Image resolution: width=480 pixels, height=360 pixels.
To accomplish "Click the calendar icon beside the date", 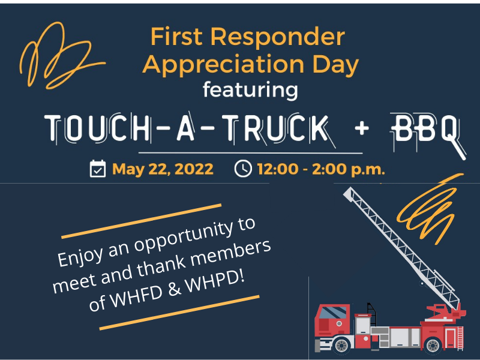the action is [x=98, y=169].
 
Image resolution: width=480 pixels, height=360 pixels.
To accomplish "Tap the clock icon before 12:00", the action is [x=243, y=169].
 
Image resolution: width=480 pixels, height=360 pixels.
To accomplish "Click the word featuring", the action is [x=250, y=90].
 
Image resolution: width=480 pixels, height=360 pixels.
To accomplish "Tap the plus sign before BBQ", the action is [x=362, y=128].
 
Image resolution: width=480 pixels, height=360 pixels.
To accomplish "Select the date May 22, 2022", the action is [x=163, y=169].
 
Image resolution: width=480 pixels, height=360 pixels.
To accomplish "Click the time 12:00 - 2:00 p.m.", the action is [x=321, y=169].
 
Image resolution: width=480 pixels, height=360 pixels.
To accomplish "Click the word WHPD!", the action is [x=215, y=283].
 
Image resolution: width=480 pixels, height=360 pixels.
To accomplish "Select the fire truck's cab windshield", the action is [x=333, y=313].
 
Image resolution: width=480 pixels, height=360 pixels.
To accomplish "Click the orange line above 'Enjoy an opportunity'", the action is [x=141, y=221].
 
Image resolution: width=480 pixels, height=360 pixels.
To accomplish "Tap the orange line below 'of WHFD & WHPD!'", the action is [x=179, y=313].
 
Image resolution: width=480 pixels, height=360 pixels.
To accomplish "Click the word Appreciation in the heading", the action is [x=223, y=65].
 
